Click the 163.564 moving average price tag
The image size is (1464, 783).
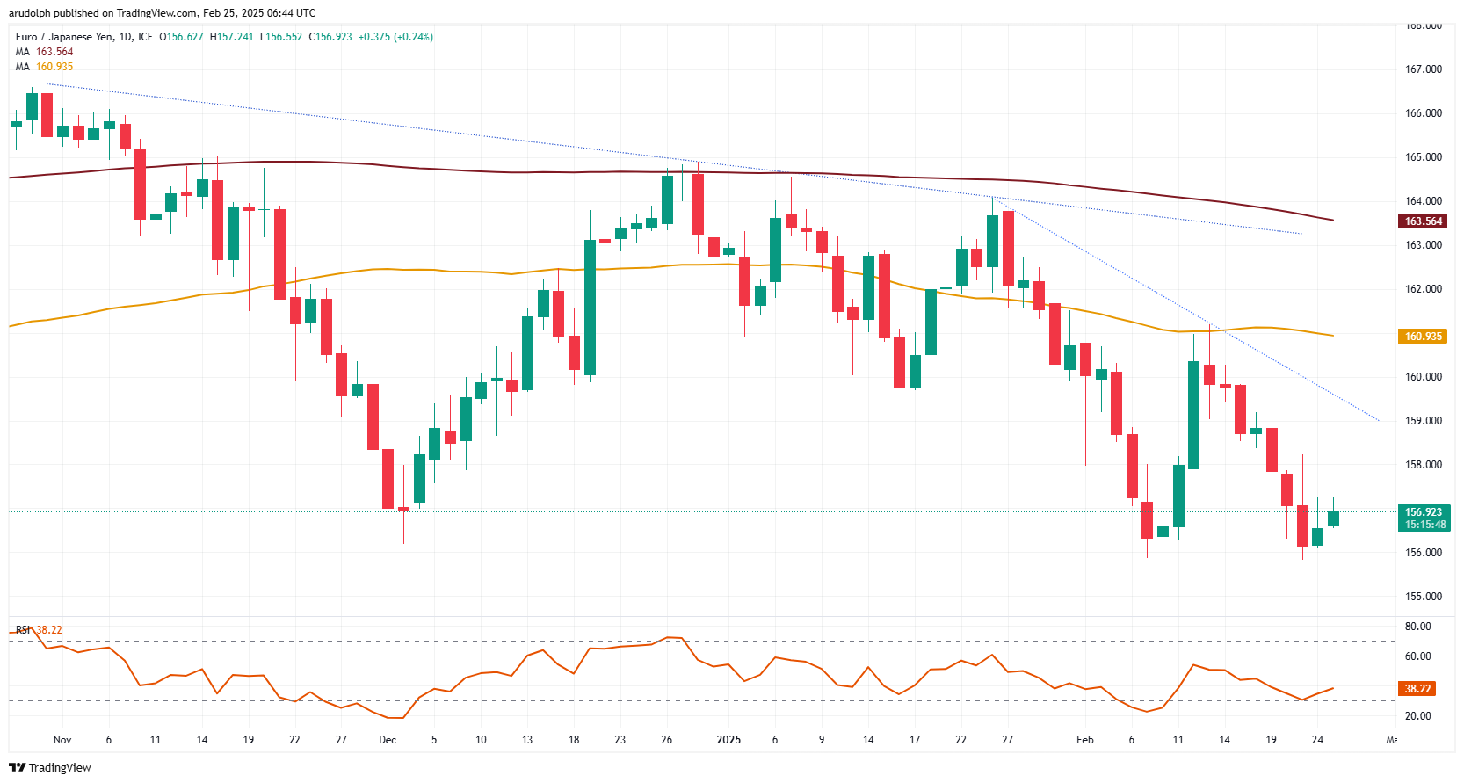click(x=1423, y=221)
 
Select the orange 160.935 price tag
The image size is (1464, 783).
click(x=1423, y=337)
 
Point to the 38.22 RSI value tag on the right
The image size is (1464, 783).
click(x=1417, y=689)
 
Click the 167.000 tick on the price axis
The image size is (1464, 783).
click(x=1424, y=69)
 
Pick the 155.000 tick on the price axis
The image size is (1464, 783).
click(x=1424, y=597)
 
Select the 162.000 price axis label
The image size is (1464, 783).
click(x=1424, y=289)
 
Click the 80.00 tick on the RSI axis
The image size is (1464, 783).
click(x=1417, y=627)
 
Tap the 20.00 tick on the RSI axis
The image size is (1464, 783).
click(x=1417, y=716)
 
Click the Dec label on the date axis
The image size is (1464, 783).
click(x=388, y=740)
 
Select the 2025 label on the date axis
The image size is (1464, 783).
click(x=728, y=740)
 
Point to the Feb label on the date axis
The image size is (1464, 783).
click(x=1085, y=740)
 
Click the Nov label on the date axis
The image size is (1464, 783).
click(x=62, y=740)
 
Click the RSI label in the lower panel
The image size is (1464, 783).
click(x=23, y=630)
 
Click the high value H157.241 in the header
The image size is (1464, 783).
click(x=231, y=37)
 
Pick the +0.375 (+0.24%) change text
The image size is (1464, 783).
click(x=395, y=37)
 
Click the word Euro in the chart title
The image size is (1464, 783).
click(x=26, y=37)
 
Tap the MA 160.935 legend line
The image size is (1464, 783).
click(x=44, y=67)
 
